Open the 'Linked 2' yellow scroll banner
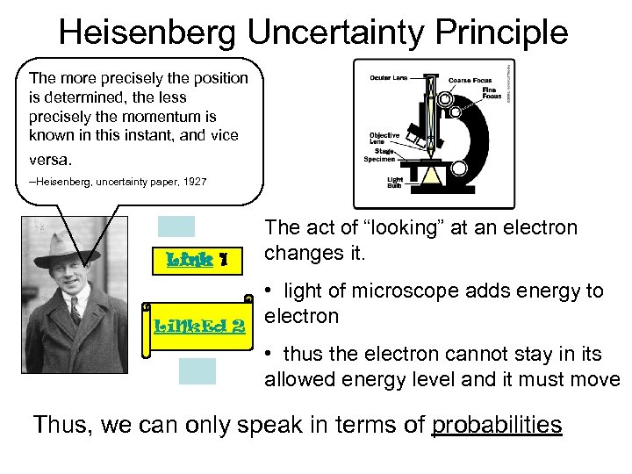point(199,327)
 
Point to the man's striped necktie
point(75,310)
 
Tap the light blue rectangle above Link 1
point(176,226)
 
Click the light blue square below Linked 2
point(197,371)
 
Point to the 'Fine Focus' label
point(491,93)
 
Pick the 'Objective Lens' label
point(384,139)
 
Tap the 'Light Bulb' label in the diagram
point(395,183)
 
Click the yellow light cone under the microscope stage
point(430,176)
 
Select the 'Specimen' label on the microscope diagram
point(379,159)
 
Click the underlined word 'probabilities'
point(497,425)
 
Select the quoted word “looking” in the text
point(377,228)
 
